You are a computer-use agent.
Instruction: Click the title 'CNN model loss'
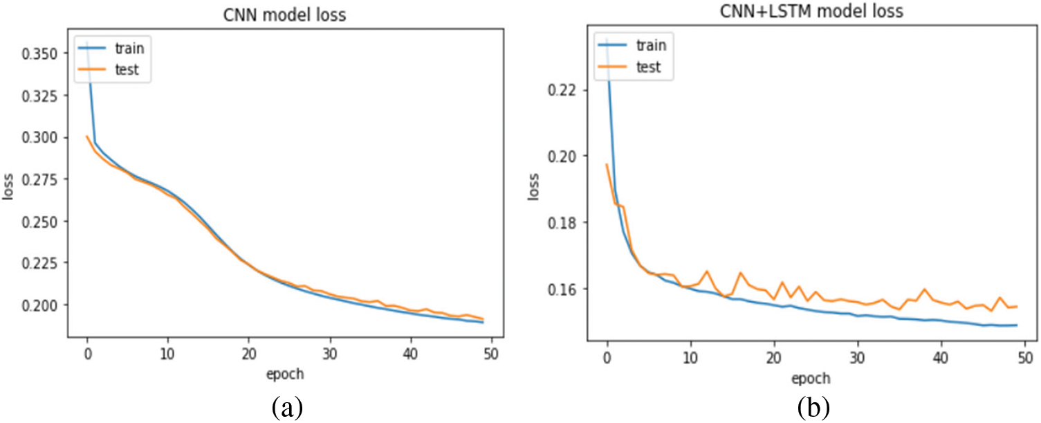(x=286, y=18)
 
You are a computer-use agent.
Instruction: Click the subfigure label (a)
(x=286, y=407)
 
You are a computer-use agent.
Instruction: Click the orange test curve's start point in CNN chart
(x=87, y=136)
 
